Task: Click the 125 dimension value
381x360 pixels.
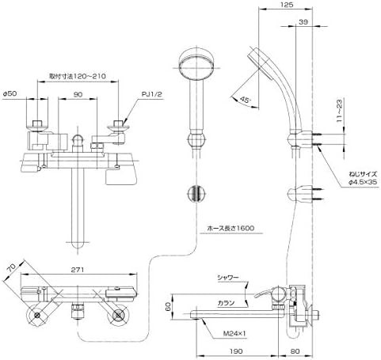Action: point(287,5)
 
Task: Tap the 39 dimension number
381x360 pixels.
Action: point(303,22)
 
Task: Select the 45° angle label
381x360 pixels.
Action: point(245,100)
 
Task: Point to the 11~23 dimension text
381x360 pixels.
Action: point(339,110)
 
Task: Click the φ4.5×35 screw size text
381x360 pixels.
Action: point(363,182)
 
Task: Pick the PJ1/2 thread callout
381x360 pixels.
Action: point(151,94)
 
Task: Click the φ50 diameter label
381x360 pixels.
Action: point(10,93)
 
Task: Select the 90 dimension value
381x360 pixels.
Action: point(78,94)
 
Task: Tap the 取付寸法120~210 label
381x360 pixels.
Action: point(78,76)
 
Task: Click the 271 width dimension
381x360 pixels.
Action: point(78,270)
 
